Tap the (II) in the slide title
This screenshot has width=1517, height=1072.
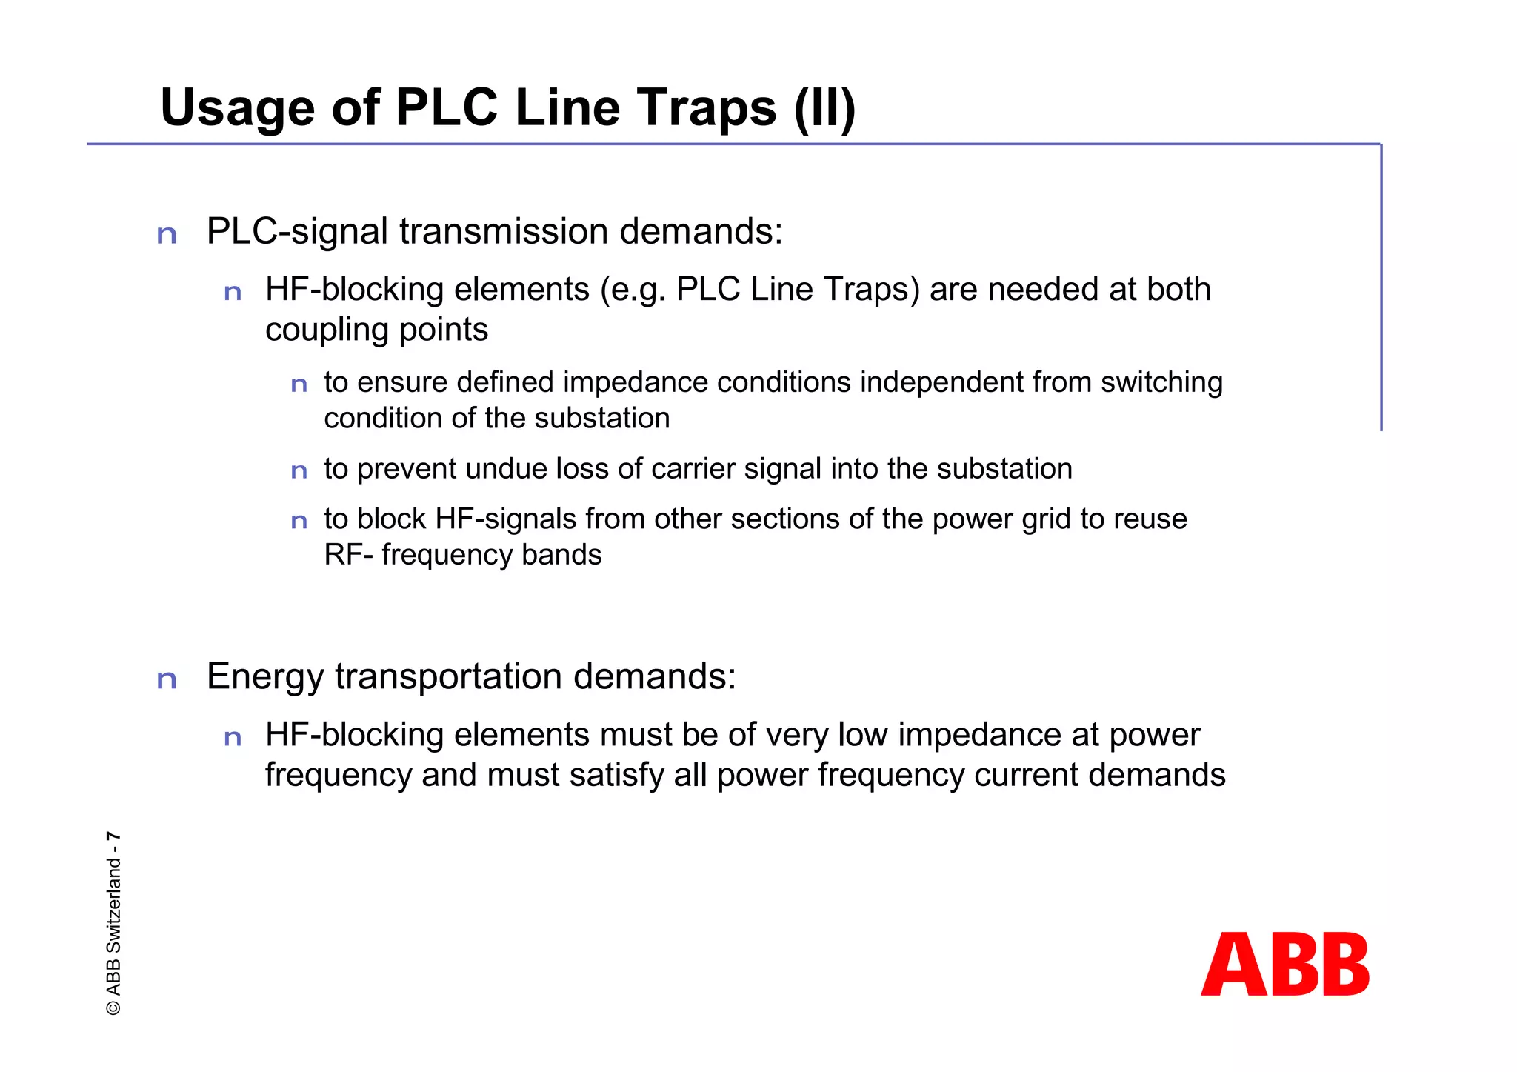click(x=824, y=109)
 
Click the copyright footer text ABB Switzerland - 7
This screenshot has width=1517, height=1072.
click(x=113, y=923)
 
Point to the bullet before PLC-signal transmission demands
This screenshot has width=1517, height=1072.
click(x=167, y=235)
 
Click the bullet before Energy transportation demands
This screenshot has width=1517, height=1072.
click(x=167, y=679)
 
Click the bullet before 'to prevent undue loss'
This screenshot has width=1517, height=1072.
click(x=299, y=471)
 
